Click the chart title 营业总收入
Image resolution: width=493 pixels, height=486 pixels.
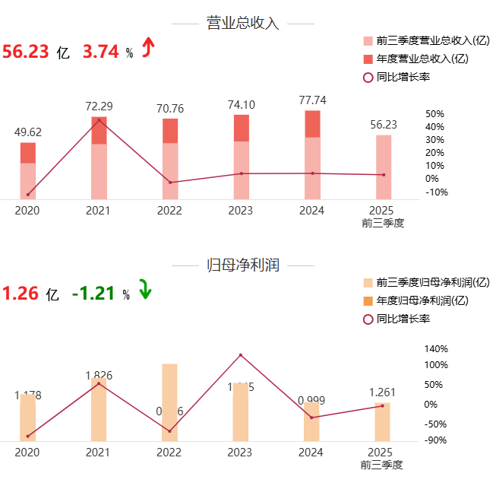(x=243, y=24)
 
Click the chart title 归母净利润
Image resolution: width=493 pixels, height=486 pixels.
(x=243, y=265)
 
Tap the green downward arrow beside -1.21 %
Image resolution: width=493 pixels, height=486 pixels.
(x=144, y=292)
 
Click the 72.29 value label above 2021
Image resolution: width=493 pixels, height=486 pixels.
(x=99, y=106)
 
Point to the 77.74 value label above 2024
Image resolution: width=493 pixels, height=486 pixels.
(x=312, y=100)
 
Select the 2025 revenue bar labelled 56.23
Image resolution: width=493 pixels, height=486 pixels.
(x=384, y=167)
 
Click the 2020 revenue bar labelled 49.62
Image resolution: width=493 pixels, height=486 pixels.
(x=28, y=171)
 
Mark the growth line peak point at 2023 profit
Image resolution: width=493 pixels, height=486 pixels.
(x=241, y=355)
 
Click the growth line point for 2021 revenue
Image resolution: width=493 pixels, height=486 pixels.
(x=99, y=120)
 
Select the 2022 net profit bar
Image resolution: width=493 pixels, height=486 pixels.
(x=169, y=402)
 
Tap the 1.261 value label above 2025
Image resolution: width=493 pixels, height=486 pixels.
(x=383, y=392)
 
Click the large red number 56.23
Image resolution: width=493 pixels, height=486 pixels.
(x=26, y=51)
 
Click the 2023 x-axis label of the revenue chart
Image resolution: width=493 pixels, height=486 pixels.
(x=241, y=211)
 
